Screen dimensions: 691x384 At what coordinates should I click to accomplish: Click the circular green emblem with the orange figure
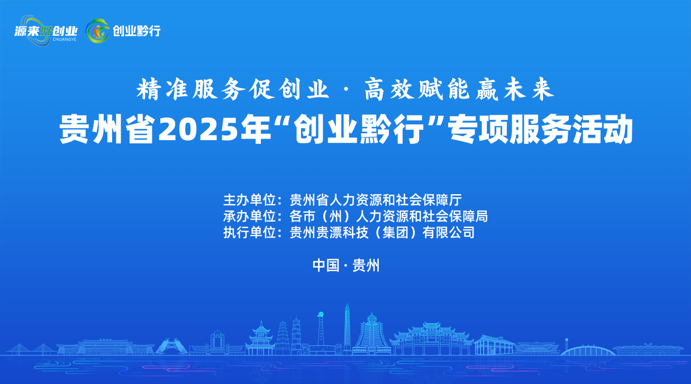tap(97, 31)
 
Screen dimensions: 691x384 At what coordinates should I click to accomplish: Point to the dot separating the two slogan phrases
tap(346, 90)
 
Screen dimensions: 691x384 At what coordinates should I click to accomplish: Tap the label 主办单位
tap(249, 200)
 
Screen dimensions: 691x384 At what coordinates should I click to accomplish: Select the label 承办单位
tap(249, 216)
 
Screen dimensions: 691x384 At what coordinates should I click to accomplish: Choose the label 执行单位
tap(249, 233)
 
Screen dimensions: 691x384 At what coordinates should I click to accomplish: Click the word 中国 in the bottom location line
tap(326, 265)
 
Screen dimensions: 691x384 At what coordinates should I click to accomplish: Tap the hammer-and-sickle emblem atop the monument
tap(321, 315)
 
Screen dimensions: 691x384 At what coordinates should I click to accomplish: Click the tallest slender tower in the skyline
tap(347, 329)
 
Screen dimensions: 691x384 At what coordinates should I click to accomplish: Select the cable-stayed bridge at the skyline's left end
tap(31, 349)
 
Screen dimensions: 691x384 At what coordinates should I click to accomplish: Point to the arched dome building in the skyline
tap(587, 351)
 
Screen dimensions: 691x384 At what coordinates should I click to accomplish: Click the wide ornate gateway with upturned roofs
tap(432, 339)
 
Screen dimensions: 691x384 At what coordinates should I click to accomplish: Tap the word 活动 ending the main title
tap(603, 130)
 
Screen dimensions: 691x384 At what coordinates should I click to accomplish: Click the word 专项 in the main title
tap(478, 130)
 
